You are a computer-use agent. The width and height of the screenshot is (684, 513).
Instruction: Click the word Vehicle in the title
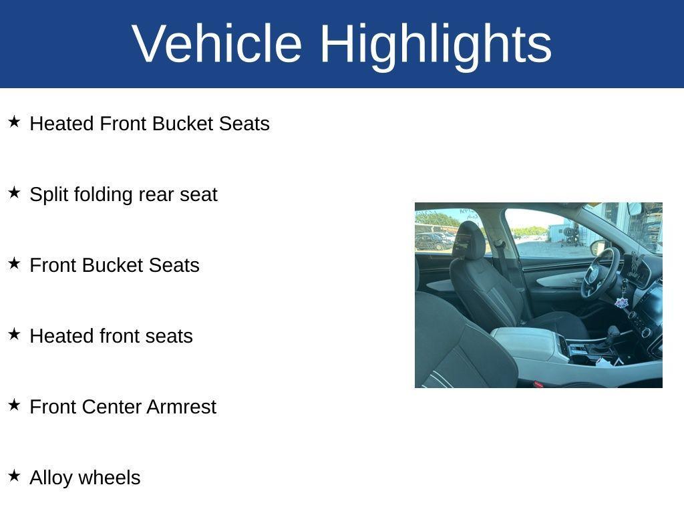point(218,43)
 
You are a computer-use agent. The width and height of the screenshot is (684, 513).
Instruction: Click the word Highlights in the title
point(436,43)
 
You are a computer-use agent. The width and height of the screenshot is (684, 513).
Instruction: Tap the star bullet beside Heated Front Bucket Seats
point(14,122)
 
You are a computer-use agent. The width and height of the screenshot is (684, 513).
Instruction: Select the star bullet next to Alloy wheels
point(14,476)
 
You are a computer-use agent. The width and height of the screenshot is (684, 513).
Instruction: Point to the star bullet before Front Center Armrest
point(14,405)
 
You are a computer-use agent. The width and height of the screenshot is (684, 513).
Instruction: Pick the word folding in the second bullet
point(104,194)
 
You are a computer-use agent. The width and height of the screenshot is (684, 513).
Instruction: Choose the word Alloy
point(51,478)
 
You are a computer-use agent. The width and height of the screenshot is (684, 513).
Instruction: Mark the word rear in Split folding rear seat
point(156,194)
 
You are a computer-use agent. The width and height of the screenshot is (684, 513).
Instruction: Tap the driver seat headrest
point(470,240)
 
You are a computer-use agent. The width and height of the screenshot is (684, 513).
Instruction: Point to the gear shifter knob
point(613,332)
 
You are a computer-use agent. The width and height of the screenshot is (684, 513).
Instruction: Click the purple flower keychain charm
point(622,303)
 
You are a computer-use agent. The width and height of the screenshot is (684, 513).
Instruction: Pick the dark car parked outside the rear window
point(433,240)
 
